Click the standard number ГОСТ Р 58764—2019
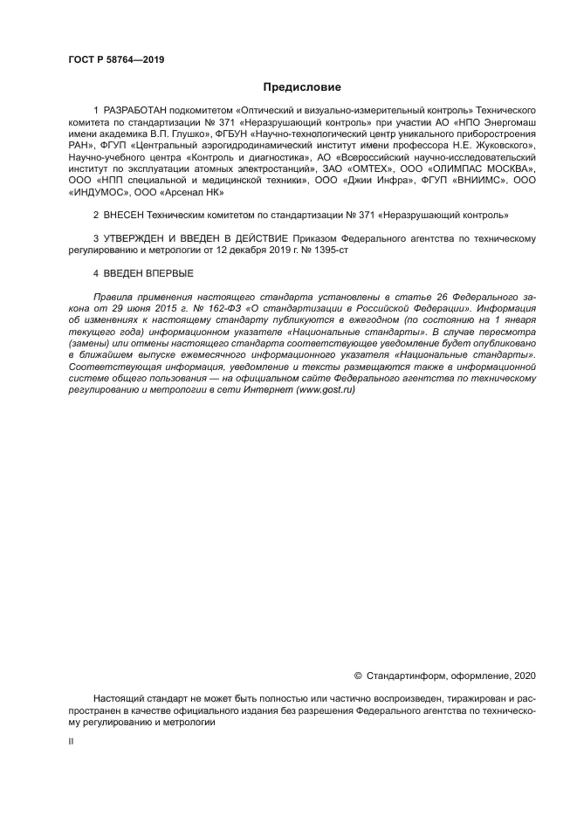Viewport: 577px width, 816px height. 116,60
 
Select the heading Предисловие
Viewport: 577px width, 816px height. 301,87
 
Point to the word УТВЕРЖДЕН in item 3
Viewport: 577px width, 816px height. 135,237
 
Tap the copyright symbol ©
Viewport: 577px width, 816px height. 358,675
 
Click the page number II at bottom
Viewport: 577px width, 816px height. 71,740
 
